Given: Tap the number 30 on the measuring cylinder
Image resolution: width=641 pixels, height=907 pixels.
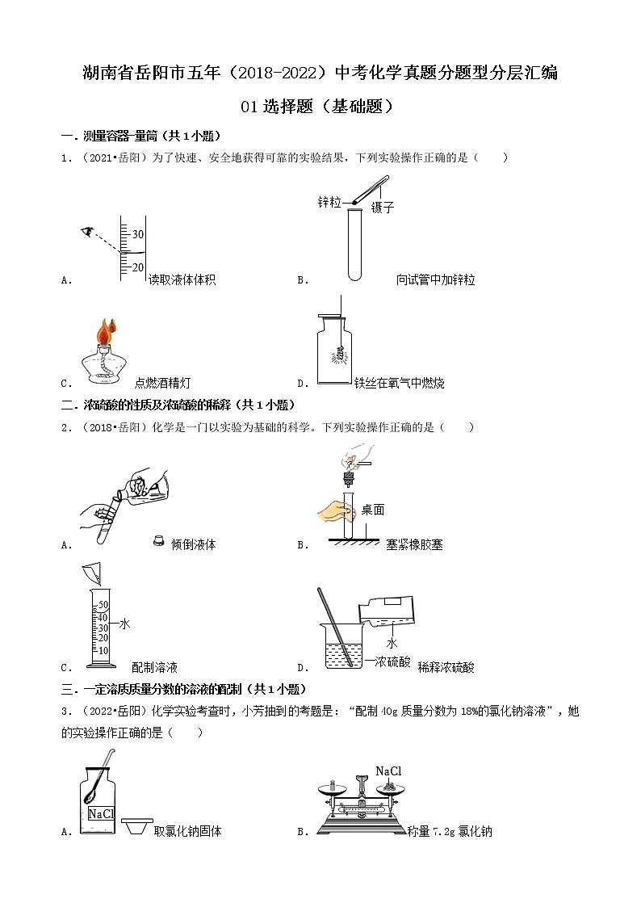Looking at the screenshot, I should click(137, 234).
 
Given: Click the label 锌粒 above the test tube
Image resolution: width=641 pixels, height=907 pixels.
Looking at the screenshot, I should click(329, 202).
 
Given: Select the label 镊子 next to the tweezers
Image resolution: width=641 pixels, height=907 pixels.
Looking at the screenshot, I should click(383, 208).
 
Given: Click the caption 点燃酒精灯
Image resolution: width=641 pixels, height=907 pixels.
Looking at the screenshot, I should click(162, 383).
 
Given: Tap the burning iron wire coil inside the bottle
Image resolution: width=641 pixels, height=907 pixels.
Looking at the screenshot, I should click(340, 352).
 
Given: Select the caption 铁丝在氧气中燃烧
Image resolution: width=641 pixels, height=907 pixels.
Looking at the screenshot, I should click(400, 383).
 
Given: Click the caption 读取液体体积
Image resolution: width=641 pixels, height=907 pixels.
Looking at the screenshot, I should click(182, 279).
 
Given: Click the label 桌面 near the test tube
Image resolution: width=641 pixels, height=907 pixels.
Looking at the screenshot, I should click(373, 510).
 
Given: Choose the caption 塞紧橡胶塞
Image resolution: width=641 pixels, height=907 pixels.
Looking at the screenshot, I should click(414, 544).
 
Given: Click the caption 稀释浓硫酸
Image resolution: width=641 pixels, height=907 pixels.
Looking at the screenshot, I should click(446, 667).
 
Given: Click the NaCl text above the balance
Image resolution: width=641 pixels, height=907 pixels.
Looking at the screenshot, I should click(388, 771).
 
